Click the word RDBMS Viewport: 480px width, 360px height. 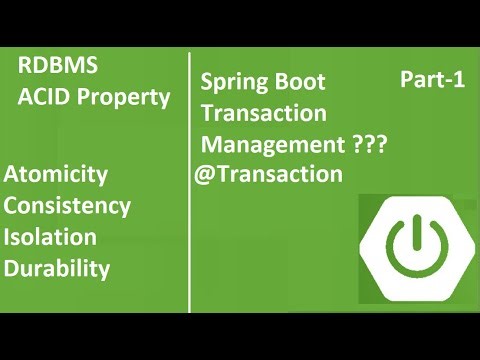(59, 69)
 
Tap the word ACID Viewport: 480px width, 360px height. (43, 98)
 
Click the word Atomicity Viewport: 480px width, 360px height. (56, 175)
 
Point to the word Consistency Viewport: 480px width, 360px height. (68, 206)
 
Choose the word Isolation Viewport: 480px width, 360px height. (51, 237)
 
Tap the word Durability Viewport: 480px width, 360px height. (58, 268)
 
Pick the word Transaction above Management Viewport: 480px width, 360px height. (264, 113)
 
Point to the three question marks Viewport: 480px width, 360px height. (370, 145)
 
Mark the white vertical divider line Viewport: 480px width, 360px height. (190, 180)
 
